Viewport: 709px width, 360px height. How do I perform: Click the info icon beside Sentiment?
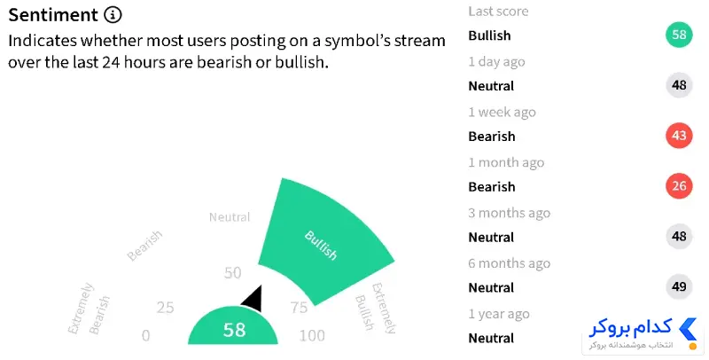[x=113, y=15]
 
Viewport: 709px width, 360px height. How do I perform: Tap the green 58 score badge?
[x=679, y=35]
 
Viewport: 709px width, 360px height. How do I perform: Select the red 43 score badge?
[x=679, y=136]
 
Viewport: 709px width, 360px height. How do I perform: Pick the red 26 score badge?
[x=679, y=186]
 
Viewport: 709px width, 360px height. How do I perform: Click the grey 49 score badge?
[x=679, y=286]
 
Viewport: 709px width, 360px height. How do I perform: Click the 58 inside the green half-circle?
[x=234, y=330]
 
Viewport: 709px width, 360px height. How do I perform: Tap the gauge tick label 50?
[x=232, y=273]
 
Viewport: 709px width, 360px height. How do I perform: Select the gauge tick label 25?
[x=165, y=308]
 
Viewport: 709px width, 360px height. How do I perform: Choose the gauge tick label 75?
[x=299, y=308]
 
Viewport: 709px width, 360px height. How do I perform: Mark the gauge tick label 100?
[x=312, y=335]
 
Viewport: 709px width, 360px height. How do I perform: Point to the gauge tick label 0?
[x=145, y=335]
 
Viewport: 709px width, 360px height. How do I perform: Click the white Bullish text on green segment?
[x=321, y=245]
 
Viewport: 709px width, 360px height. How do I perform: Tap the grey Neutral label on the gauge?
[x=230, y=217]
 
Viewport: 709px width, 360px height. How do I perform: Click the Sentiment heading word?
[x=53, y=15]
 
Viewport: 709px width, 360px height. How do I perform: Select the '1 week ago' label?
[x=502, y=112]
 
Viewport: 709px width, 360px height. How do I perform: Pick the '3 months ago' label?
[x=509, y=213]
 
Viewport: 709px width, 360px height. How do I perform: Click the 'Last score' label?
[x=498, y=11]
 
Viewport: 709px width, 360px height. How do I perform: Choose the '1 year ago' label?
[x=499, y=314]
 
